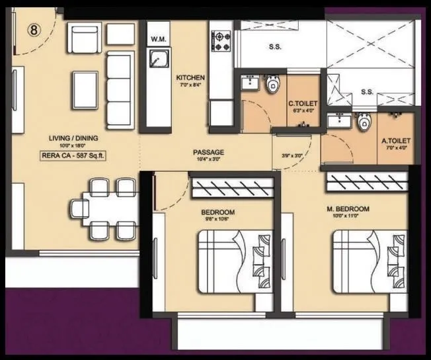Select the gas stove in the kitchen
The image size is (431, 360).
click(221, 40)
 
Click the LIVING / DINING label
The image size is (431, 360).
click(69, 138)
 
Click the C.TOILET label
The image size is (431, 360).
click(303, 104)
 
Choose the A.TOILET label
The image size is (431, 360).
click(397, 141)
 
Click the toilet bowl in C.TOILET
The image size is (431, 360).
click(272, 85)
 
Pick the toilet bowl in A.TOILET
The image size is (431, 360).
click(362, 123)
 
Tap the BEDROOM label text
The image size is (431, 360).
click(217, 212)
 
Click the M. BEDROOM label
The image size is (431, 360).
click(348, 209)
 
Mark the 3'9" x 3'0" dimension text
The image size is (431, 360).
click(292, 156)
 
